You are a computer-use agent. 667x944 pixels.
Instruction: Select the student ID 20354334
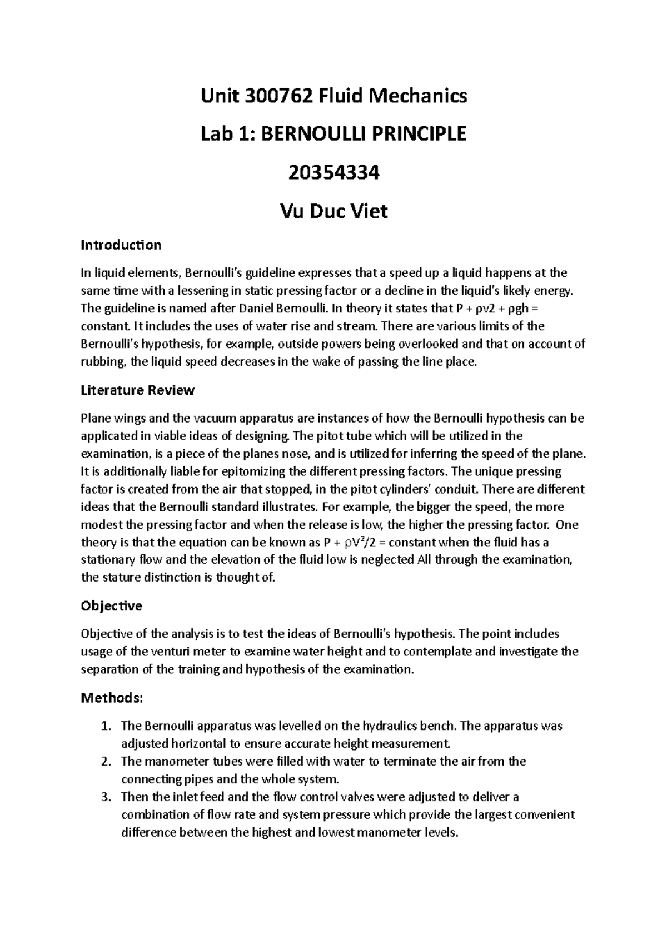(333, 173)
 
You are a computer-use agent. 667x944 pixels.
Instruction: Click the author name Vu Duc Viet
(333, 211)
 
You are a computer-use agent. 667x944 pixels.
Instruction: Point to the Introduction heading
(121, 245)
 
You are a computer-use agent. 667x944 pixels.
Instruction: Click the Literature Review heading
(137, 390)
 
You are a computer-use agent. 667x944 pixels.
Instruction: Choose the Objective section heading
(111, 605)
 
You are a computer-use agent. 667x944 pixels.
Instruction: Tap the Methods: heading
(112, 697)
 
